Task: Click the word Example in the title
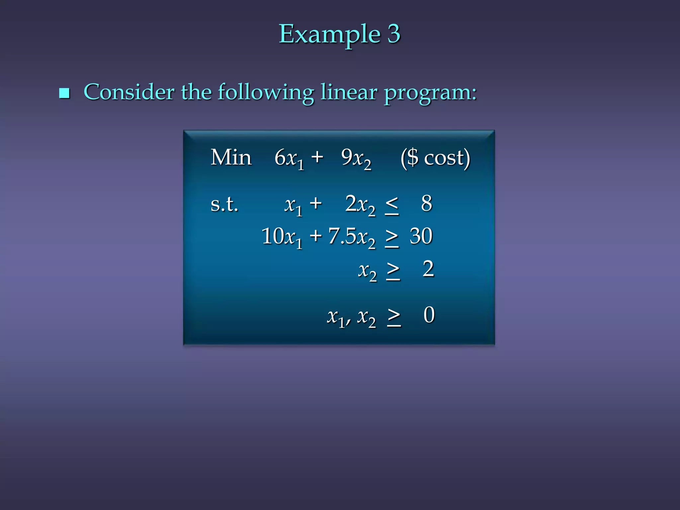tap(329, 35)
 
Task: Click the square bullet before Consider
tap(64, 93)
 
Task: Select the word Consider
tap(129, 92)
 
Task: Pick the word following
tap(266, 93)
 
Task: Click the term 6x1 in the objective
tap(289, 158)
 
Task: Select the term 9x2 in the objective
tap(356, 158)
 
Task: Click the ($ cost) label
tap(435, 158)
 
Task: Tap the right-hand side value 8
tap(427, 203)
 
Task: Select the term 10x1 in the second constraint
tap(282, 237)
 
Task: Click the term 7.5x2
tap(352, 237)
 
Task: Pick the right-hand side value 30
tap(421, 236)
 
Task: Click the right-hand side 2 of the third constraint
tap(428, 269)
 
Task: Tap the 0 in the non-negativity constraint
tap(429, 315)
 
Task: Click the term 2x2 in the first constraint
tap(360, 205)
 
